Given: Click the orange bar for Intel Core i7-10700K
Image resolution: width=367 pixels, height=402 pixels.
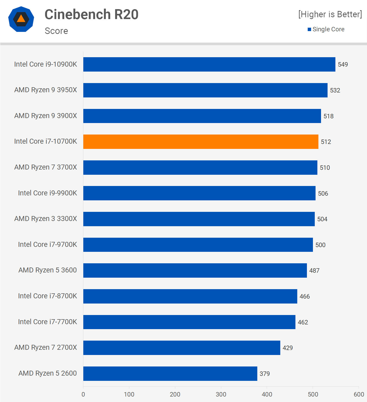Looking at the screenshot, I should [201, 142].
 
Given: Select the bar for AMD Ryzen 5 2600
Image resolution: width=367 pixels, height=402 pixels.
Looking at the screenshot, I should [170, 374].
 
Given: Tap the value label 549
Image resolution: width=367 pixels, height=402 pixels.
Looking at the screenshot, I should [343, 65].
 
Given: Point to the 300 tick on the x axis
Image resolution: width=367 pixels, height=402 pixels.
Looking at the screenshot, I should [221, 394].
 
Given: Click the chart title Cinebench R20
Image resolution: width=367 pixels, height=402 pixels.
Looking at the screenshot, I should [91, 14].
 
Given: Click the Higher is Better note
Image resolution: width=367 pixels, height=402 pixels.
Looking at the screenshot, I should [330, 14].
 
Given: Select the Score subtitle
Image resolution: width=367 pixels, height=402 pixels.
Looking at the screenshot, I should [56, 31].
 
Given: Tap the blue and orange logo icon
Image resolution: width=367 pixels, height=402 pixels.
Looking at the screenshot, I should [21, 19].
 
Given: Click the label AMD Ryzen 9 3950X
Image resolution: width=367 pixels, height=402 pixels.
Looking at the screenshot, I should [46, 90].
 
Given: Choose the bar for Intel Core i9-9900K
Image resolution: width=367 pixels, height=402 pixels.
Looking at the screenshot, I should [199, 193].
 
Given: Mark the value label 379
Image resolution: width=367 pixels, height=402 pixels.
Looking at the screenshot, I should [265, 374].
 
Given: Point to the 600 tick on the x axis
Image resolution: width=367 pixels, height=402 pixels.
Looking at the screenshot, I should [359, 394].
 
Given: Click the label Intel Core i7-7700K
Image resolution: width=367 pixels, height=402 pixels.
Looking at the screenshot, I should [48, 322].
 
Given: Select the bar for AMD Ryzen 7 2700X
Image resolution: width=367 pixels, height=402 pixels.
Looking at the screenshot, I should [182, 348].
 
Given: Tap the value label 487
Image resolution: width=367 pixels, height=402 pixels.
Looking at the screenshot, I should [314, 271].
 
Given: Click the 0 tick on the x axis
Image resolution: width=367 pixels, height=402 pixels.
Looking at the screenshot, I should [83, 394].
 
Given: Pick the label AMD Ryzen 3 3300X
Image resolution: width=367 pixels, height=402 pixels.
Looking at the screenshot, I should [46, 219].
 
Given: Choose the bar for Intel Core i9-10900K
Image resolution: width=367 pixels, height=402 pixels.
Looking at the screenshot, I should [209, 64].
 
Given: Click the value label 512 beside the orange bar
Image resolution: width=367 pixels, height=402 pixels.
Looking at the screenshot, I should [326, 142].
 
